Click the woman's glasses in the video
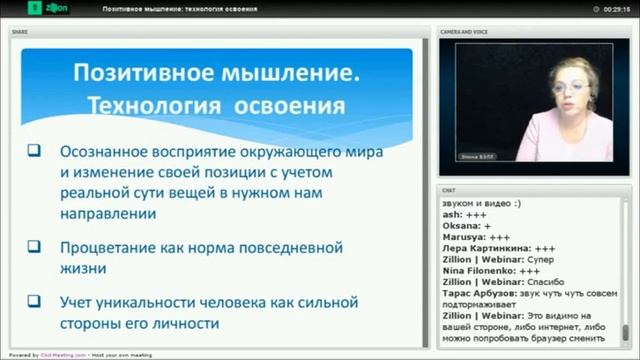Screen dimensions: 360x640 coord(569,90)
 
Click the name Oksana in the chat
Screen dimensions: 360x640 coord(459,226)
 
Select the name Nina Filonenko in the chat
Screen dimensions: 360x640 coord(474,270)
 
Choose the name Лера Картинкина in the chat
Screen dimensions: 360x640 coord(485,248)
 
